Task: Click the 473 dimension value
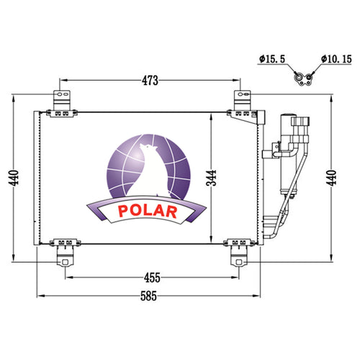[x=150, y=81]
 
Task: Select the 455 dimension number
[x=152, y=278]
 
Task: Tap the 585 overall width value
[x=148, y=296]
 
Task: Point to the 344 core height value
[x=211, y=178]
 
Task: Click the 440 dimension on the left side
[x=14, y=178]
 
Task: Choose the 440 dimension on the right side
[x=331, y=178]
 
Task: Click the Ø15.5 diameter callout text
[x=272, y=59]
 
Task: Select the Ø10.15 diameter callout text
[x=336, y=59]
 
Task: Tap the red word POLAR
[x=148, y=211]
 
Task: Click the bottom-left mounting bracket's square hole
[x=65, y=262]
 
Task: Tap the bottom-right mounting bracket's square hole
[x=238, y=262]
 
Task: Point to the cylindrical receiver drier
[x=289, y=153]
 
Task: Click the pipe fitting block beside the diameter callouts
[x=303, y=79]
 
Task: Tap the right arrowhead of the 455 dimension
[x=235, y=278]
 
